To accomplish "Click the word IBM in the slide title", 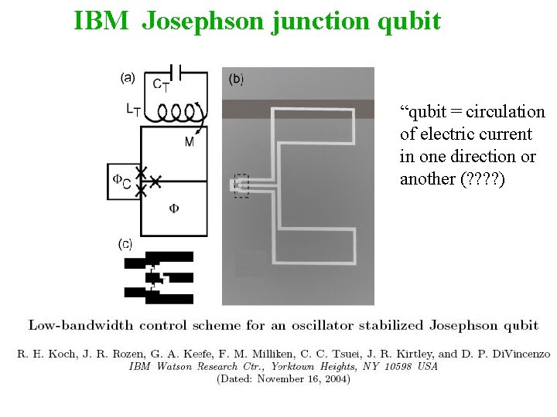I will point(101,20).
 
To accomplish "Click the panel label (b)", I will point(237,79).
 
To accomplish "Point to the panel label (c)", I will point(125,244).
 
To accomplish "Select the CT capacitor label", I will point(161,86).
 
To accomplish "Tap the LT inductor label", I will point(134,110).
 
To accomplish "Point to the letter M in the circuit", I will point(190,141).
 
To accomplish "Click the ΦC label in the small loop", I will point(121,180).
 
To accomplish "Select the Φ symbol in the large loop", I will point(174,208).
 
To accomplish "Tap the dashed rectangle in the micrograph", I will point(241,185).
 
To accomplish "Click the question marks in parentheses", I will point(482,179).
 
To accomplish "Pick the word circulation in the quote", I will point(507,112).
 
